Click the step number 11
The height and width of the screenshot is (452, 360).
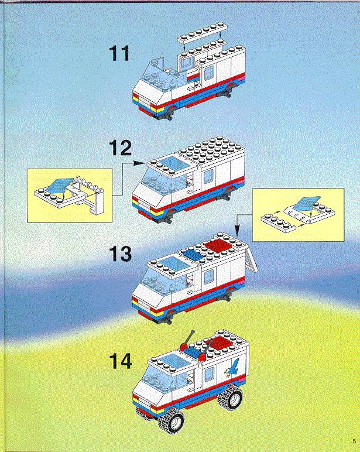tap(119, 54)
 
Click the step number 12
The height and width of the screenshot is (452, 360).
tap(121, 148)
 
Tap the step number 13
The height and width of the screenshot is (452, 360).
tap(121, 254)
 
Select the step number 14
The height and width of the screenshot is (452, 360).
tap(121, 361)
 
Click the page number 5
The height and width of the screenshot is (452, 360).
tap(354, 441)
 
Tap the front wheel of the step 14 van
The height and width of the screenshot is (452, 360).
tap(172, 420)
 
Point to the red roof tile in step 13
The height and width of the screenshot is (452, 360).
tap(218, 245)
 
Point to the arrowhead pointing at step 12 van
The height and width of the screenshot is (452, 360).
tap(140, 163)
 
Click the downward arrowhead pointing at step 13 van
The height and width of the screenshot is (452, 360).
tap(236, 230)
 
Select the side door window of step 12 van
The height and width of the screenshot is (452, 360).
tap(208, 176)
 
